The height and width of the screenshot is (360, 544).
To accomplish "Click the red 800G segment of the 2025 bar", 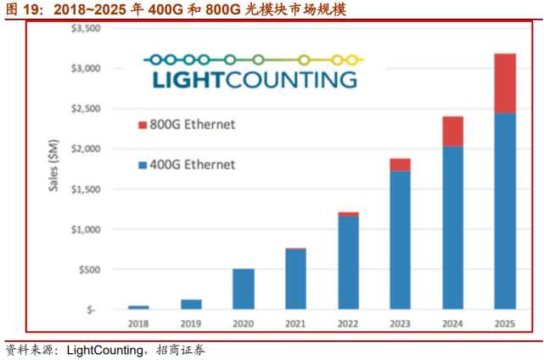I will (504, 83).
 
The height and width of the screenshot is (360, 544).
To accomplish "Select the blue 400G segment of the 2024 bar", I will (451, 228).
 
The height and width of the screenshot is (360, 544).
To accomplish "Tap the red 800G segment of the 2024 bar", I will (451, 132).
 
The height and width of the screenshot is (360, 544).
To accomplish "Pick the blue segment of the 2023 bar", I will (400, 239).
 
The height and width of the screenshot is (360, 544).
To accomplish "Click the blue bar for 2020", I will (243, 289).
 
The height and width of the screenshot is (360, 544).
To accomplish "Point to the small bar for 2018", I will (138, 307).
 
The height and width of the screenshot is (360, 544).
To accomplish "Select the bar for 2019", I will (191, 304).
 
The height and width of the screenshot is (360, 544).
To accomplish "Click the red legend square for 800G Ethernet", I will (142, 126).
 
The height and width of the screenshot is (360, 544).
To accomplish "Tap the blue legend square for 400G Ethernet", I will (142, 165).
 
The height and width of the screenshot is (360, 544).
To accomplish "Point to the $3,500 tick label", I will (84, 28).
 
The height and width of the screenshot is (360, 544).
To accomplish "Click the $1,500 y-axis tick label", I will (84, 188).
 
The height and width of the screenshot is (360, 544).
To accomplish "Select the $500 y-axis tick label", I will (88, 269).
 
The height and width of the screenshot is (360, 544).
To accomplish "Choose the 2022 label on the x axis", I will (347, 323).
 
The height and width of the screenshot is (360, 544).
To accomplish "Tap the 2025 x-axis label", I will (504, 323).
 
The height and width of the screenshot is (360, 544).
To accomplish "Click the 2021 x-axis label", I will (295, 323).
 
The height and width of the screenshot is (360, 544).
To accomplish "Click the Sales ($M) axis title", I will (52, 170).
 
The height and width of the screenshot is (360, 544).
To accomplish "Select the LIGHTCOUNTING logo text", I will (254, 79).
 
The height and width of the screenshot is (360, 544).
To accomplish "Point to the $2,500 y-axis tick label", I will (84, 109).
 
